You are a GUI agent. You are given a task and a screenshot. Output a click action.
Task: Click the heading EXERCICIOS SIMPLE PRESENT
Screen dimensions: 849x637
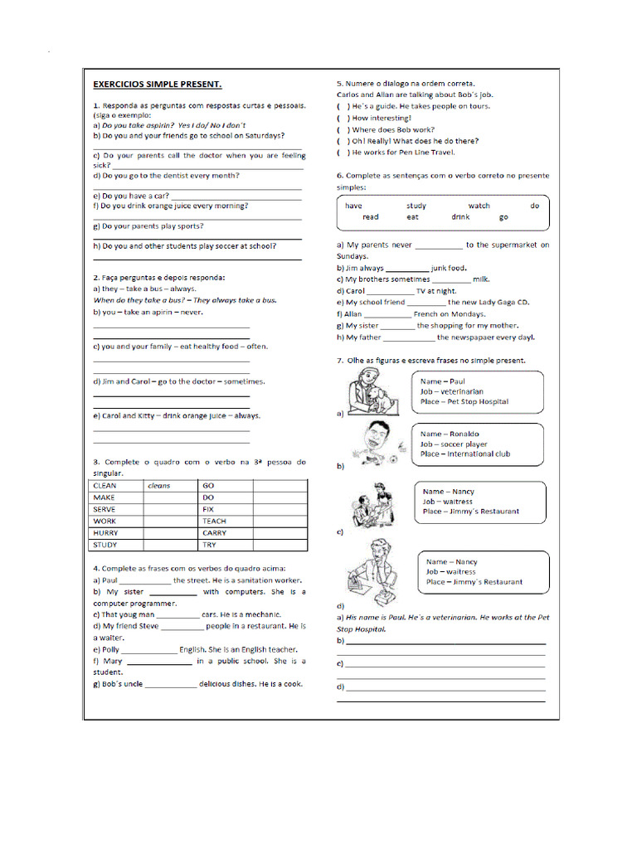pos(157,85)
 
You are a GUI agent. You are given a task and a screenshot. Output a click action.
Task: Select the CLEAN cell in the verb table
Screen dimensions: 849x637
pos(105,486)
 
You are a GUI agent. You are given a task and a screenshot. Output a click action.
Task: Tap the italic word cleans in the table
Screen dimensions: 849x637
pos(158,486)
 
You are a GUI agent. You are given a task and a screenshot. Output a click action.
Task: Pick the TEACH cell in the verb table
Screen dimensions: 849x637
pos(214,522)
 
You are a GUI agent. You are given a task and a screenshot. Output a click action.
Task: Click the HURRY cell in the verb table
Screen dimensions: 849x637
pos(106,533)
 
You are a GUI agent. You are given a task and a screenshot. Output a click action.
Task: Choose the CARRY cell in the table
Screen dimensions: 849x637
pos(214,533)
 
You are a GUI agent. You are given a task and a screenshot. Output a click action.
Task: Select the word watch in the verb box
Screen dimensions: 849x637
pos(479,206)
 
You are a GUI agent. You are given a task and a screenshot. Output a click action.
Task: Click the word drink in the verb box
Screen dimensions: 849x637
pos(460,217)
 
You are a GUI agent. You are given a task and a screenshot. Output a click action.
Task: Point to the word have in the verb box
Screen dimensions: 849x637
pos(353,206)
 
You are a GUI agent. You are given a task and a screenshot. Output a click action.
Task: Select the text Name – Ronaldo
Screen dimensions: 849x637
pos(450,434)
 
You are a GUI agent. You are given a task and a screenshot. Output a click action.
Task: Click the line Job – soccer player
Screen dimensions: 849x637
pos(454,444)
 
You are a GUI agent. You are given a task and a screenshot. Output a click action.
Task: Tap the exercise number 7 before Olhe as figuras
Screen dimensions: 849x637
pos(339,361)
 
